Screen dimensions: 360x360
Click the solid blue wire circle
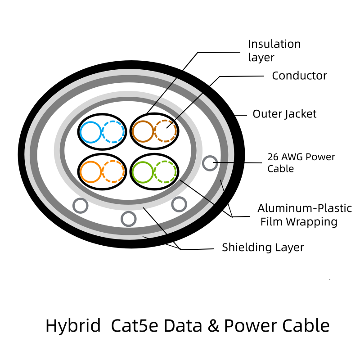tap(91, 132)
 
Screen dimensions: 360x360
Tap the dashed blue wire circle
tap(113, 132)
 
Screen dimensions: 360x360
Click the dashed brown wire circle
tap(165, 131)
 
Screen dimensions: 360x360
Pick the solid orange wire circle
tap(90, 171)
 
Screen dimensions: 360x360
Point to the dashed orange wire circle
tap(113, 171)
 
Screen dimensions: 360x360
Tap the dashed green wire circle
tap(165, 171)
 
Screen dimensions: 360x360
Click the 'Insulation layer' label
tap(274, 50)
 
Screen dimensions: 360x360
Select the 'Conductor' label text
tap(299, 76)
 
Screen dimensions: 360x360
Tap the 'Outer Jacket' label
tap(284, 114)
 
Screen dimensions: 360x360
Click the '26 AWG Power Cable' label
tap(301, 162)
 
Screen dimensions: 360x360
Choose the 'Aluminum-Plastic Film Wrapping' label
tap(304, 215)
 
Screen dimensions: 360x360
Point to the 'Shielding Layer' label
tap(263, 247)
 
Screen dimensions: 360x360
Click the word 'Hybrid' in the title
tap(73, 325)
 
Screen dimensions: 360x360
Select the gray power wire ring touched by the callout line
tap(210, 163)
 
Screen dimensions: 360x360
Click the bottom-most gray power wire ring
tap(129, 219)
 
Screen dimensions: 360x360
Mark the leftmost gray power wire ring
tap(80, 206)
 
